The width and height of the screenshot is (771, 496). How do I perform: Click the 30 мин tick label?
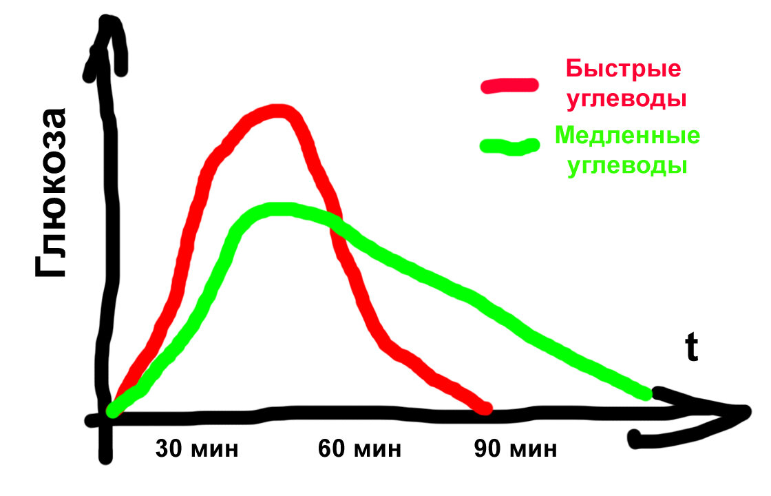197,450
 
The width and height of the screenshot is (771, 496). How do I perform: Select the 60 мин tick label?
359,450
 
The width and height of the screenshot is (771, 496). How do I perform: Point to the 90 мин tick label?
516,450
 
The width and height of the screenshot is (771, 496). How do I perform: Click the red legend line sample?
509,85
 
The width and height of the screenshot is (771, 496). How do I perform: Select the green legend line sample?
509,146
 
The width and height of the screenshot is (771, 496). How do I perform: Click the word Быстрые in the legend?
624,69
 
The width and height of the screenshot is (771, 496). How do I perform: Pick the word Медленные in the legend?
627,135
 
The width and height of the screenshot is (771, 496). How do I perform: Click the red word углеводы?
626,99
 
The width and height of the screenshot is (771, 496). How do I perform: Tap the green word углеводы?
627,166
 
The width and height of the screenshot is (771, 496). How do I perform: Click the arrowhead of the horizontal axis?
740,412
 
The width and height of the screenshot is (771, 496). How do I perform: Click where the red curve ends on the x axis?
485,409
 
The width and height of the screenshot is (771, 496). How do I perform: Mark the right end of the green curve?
647,393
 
